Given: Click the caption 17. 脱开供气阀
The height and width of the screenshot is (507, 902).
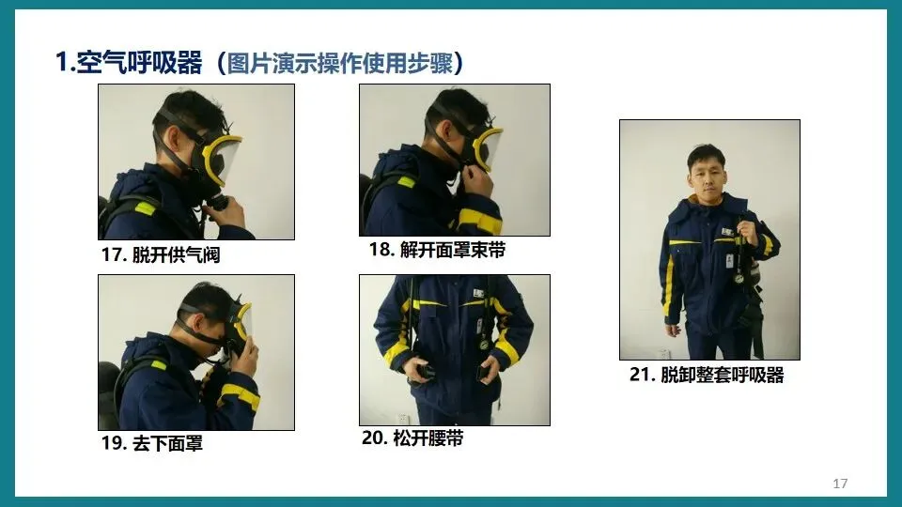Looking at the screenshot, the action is [161, 254].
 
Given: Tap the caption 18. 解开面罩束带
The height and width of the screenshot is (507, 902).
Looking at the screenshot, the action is [437, 250].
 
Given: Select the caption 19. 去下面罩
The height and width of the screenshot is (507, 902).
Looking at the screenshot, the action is [152, 443].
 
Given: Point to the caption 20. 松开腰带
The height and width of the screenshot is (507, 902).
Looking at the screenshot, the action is [412, 438].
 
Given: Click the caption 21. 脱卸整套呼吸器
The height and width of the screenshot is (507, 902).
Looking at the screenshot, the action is [707, 375].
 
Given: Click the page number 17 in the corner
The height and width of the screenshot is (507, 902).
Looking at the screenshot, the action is [840, 484].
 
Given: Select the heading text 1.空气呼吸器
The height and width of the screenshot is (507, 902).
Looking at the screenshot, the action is [129, 62].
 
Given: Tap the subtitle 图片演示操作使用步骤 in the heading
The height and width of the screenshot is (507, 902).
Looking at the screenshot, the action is [340, 63].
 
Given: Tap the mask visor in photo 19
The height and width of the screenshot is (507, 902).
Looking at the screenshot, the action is [242, 321].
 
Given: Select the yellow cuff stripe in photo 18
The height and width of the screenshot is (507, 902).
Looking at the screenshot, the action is [480, 222].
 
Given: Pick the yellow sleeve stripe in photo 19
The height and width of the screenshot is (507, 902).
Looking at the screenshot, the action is [240, 395].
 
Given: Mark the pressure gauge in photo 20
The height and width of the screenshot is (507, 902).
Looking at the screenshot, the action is [485, 345].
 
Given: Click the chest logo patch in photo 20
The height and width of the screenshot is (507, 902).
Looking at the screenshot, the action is [478, 294].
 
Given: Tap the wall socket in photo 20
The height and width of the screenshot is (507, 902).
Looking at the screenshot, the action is [403, 419].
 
